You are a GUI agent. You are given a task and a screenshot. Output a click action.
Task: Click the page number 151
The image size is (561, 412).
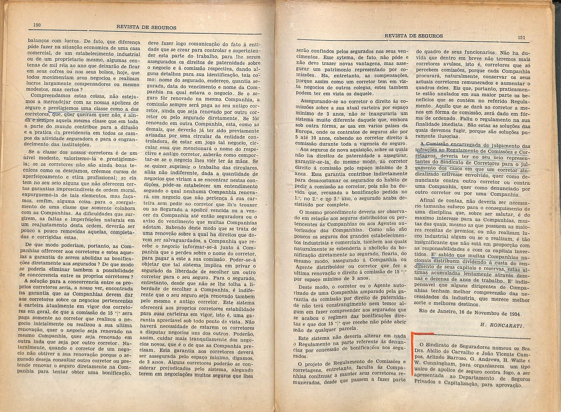[x=521, y=37]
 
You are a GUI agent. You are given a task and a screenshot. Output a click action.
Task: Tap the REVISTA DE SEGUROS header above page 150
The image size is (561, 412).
[x=146, y=28]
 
